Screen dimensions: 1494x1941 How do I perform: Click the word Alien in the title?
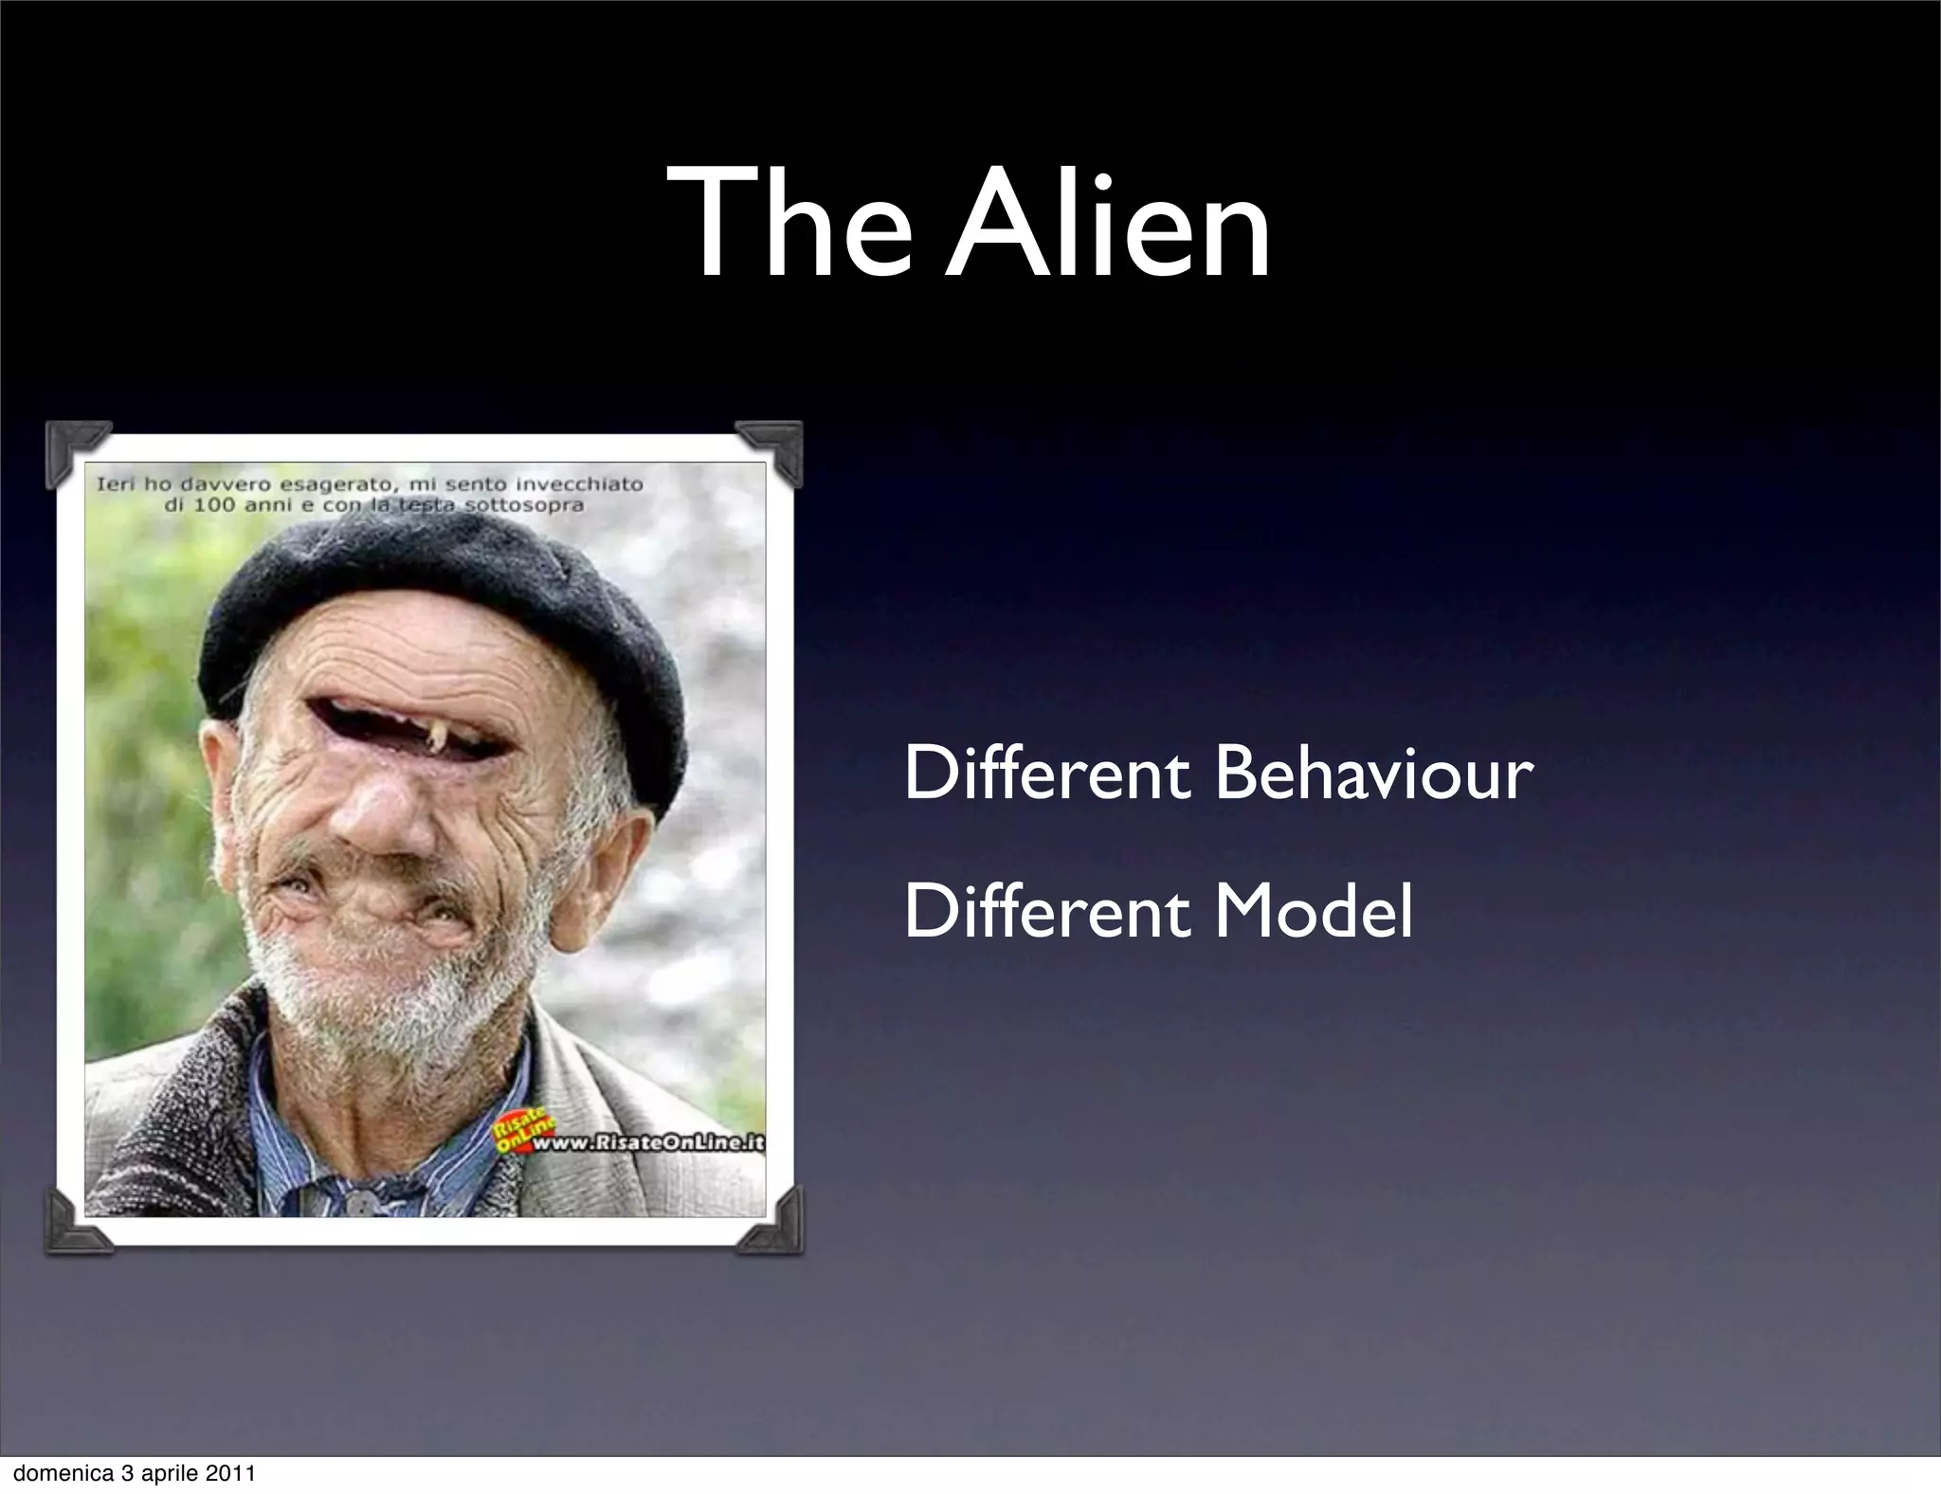(1109, 226)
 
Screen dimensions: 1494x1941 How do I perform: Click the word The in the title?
(787, 226)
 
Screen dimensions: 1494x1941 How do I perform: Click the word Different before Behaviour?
(1046, 774)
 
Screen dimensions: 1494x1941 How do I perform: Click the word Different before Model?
(1046, 911)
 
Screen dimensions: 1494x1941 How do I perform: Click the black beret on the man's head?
(445, 607)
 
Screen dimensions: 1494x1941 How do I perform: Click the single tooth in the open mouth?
(440, 736)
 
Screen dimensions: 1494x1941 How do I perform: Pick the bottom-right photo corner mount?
(772, 1223)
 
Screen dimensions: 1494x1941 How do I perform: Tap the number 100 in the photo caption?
(214, 505)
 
